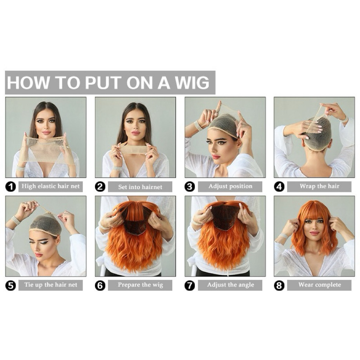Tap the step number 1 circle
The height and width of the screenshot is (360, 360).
(11, 187)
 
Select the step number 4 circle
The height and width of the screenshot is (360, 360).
(279, 187)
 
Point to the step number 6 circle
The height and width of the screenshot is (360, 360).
(100, 285)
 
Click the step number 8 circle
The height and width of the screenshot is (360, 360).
(279, 285)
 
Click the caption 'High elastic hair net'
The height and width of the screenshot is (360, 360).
(51, 186)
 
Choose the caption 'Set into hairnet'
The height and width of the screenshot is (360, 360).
(140, 187)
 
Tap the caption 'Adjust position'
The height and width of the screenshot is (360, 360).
(230, 186)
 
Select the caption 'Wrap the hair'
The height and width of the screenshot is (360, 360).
(319, 186)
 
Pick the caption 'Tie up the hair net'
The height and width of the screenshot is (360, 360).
(51, 285)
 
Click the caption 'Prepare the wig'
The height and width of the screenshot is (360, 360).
(140, 285)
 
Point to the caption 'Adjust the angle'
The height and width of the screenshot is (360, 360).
(231, 285)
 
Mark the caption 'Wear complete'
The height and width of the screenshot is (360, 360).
(320, 285)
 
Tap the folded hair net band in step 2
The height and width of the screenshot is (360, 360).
(134, 149)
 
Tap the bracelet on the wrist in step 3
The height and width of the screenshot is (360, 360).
(198, 126)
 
